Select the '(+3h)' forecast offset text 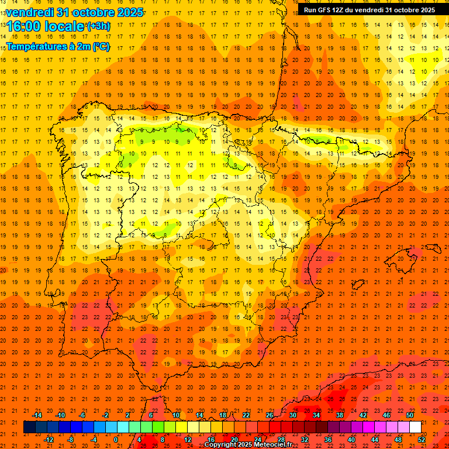tap(98, 26)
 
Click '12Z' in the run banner tap(344, 10)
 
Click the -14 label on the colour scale tap(37, 415)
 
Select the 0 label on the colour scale tap(116, 440)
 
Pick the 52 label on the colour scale tap(422, 440)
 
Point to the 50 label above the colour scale tap(410, 415)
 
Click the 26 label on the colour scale tap(270, 415)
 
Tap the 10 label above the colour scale tap(176, 415)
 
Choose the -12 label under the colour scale tap(49, 440)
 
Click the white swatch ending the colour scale tap(415, 427)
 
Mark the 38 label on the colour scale tap(340, 415)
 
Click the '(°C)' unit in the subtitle tap(101, 46)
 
